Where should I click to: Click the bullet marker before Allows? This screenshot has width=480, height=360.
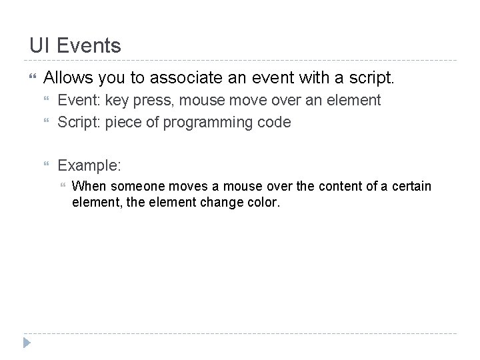click(27, 79)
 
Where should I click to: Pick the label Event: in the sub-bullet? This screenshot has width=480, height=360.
click(79, 101)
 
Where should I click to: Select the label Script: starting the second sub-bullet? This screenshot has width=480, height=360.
click(79, 122)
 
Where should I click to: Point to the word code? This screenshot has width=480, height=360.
click(277, 122)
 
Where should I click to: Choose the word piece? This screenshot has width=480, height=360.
click(124, 122)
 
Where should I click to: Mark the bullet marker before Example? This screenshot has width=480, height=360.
click(47, 165)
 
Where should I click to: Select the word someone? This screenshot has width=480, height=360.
click(131, 186)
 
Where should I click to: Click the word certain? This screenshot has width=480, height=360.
click(413, 186)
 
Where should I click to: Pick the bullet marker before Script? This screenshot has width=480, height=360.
click(47, 123)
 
